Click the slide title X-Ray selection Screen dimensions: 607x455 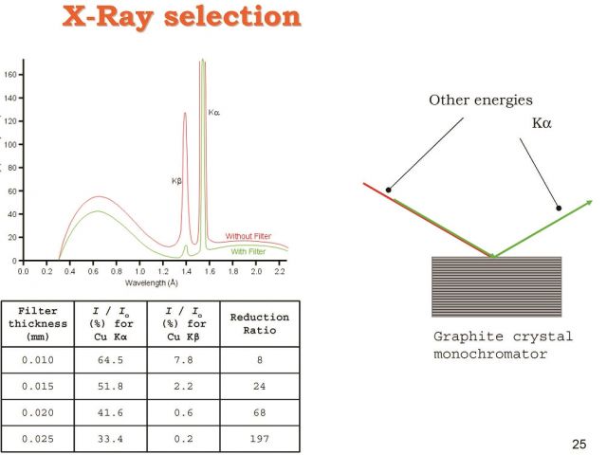point(181,17)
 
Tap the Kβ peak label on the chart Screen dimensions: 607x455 point(176,181)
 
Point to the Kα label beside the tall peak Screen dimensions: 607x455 point(214,113)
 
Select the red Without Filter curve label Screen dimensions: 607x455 point(248,236)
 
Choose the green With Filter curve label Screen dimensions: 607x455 point(248,251)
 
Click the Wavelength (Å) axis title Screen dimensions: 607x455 point(152,283)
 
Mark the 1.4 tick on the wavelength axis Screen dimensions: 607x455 point(186,271)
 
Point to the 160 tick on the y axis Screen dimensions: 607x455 point(10,74)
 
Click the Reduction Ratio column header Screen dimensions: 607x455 point(259,324)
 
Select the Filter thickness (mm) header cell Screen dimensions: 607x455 point(38,324)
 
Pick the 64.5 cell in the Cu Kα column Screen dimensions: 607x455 point(110,360)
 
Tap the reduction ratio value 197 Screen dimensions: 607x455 point(259,439)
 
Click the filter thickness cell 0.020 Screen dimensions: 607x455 point(38,413)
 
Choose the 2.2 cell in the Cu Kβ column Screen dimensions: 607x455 point(183,387)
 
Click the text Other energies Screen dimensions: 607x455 point(481,100)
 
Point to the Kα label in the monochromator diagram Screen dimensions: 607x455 point(542,123)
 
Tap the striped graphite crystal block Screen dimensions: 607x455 point(496,286)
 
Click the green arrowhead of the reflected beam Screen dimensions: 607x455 point(589,202)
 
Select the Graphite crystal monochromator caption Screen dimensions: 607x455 point(503,345)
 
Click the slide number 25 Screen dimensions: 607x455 point(579,445)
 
